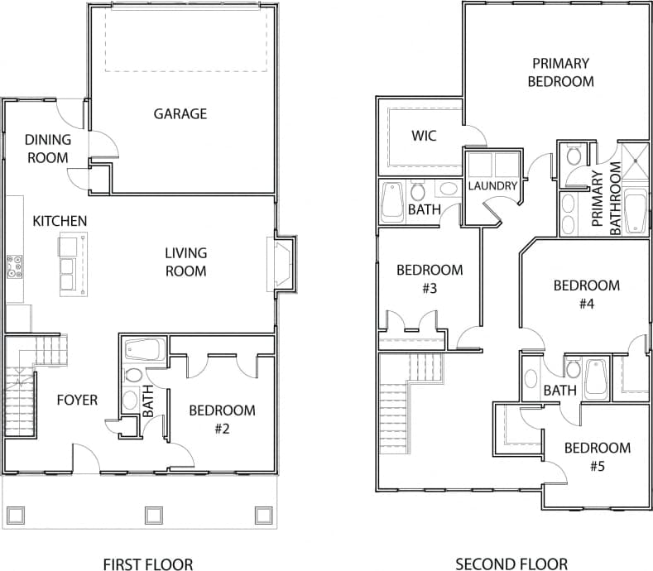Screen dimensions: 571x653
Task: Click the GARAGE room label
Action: point(180,114)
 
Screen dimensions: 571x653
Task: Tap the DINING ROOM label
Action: point(47,148)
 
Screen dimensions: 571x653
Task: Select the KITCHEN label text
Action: point(60,221)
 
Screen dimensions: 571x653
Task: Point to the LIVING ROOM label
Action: point(185,262)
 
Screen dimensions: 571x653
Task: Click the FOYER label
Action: point(77,401)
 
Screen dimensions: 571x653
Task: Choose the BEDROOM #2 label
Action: point(222,419)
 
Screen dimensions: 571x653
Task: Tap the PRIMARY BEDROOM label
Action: point(560,72)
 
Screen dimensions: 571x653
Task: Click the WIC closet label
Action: point(424,135)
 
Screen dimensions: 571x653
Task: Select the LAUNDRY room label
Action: point(492,186)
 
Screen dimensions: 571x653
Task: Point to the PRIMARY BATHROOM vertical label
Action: point(605,199)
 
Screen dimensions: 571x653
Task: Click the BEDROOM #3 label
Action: point(429,279)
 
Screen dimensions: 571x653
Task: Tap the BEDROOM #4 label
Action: point(586,294)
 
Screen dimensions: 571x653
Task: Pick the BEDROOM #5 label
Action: point(597,456)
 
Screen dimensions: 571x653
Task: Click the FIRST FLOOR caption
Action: point(148,564)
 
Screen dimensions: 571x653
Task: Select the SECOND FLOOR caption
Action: point(511,564)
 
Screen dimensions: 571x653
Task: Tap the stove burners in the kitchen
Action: point(14,265)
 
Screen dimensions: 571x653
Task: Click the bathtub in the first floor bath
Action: point(145,349)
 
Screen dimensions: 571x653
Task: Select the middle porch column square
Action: point(152,515)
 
